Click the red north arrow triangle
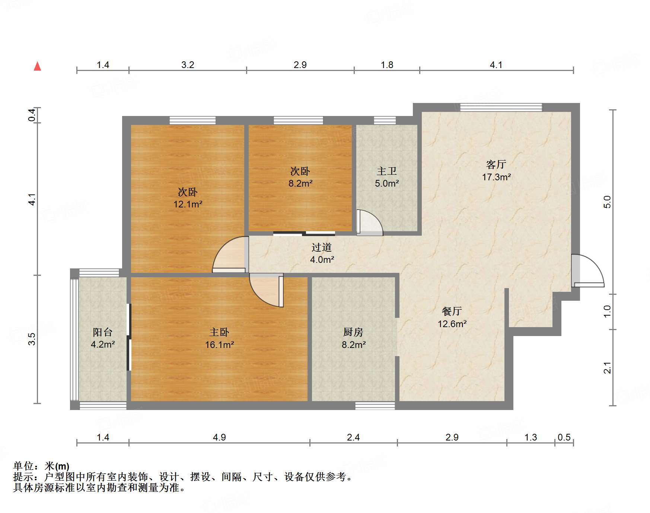(x=37, y=67)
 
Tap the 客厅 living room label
(x=496, y=164)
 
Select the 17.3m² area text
(x=496, y=177)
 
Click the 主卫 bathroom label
(x=386, y=171)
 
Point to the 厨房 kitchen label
(x=353, y=332)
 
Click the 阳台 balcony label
(x=102, y=332)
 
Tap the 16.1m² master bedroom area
(x=219, y=345)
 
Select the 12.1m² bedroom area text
(x=188, y=204)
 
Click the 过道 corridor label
(x=321, y=247)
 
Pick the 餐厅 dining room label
(x=452, y=311)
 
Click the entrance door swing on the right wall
(x=588, y=271)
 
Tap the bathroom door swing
(x=369, y=223)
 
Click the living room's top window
(x=501, y=107)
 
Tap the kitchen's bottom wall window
(x=375, y=406)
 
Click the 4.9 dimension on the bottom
(x=219, y=438)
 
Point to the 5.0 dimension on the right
(x=607, y=202)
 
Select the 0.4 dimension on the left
(x=32, y=114)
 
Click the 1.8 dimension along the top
(x=387, y=65)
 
